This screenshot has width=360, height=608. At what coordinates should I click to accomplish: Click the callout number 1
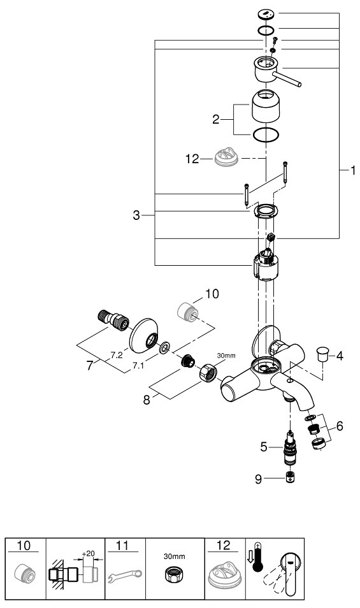352,171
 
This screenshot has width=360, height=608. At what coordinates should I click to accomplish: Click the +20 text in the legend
88,553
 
